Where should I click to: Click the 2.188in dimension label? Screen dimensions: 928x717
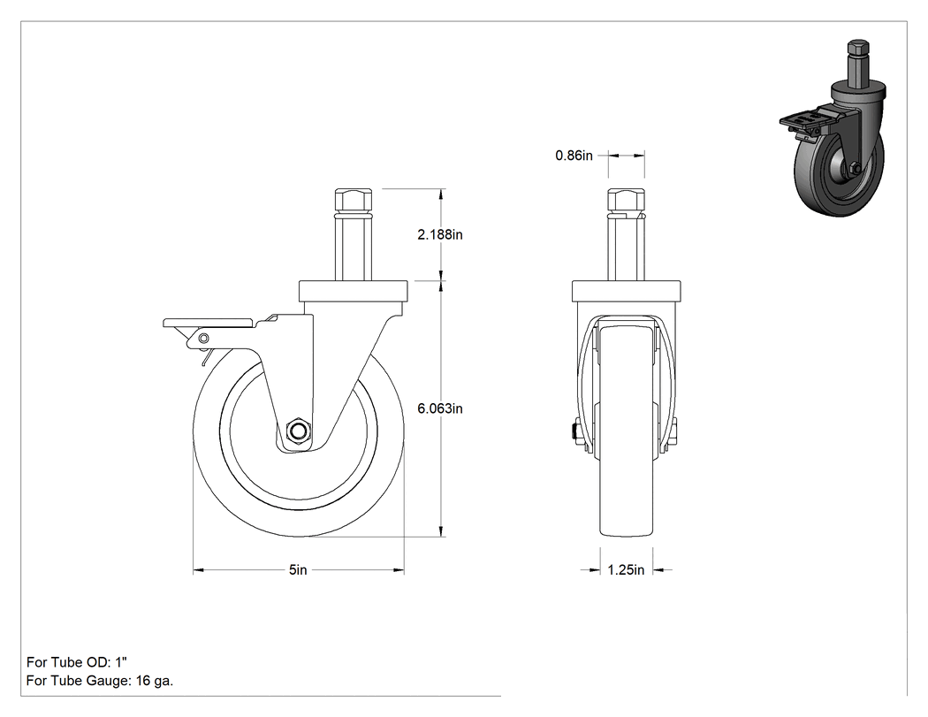440,234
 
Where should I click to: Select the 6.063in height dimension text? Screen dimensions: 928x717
440,408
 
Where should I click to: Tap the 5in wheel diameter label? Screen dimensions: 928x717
299,569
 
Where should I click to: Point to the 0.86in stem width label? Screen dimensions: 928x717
574,156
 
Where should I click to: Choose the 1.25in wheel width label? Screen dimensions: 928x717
626,569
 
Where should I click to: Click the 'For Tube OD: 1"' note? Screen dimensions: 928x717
77,662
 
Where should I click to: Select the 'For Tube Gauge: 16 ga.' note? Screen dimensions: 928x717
100,681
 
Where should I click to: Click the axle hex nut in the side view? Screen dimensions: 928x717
298,431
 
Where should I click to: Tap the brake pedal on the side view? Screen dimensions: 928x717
210,323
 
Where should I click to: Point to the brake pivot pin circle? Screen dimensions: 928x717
203,338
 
